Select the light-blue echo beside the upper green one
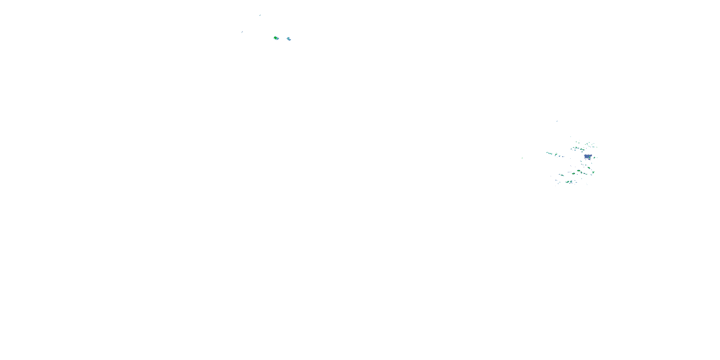tap(289, 39)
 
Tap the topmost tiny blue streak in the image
tap(260, 15)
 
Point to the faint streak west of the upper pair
tap(242, 32)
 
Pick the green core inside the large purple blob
tap(590, 157)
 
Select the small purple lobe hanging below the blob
tap(589, 159)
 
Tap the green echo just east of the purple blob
tap(594, 158)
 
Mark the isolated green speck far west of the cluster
tap(522, 158)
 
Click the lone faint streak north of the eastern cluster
tap(557, 121)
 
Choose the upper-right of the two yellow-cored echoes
tap(579, 171)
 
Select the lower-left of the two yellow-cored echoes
tap(574, 174)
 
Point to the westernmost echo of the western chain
tap(547, 153)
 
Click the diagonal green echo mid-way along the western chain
tap(556, 155)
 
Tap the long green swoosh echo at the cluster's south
tap(568, 182)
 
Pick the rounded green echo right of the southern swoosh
tap(571, 182)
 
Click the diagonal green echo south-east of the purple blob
tap(589, 168)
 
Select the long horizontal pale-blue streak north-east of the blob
tap(593, 147)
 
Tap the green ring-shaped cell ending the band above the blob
tap(584, 150)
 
